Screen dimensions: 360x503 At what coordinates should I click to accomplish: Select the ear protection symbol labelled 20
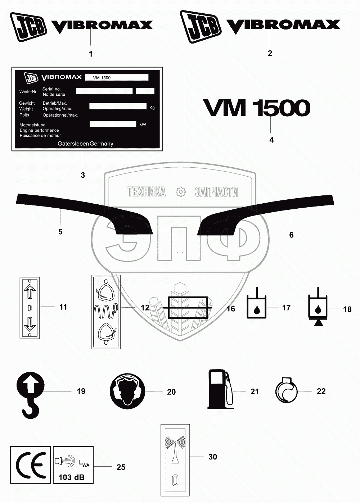(127, 391)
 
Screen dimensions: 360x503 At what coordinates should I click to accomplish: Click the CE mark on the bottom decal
(30, 465)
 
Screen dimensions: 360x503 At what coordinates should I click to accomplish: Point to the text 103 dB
(71, 477)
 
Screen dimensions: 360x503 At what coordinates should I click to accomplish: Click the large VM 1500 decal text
(257, 108)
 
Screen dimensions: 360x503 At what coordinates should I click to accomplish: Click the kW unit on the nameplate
(143, 124)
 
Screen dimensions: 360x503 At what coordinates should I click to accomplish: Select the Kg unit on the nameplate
(152, 108)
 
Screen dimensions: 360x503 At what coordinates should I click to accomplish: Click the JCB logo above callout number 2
(200, 26)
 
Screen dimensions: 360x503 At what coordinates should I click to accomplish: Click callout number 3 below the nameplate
(83, 175)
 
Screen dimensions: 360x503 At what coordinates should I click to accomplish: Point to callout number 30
(213, 457)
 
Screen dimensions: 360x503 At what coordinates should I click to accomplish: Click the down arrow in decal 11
(30, 325)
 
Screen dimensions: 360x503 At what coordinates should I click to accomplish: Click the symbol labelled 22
(287, 391)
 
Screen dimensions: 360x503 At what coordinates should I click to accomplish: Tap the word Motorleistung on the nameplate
(32, 125)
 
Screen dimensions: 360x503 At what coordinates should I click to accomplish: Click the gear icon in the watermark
(180, 191)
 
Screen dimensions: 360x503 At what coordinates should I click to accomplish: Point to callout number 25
(121, 467)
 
